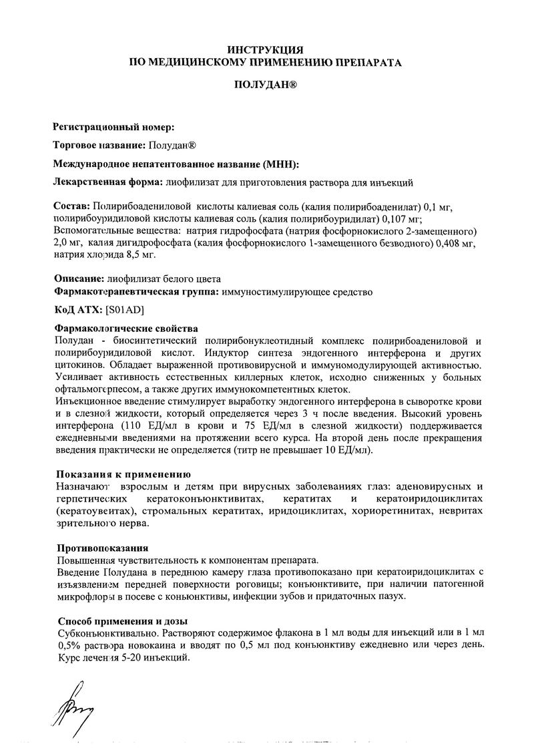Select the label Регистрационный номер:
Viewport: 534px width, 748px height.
point(113,127)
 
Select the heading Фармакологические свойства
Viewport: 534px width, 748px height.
point(125,329)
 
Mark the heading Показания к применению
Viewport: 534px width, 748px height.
point(115,474)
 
